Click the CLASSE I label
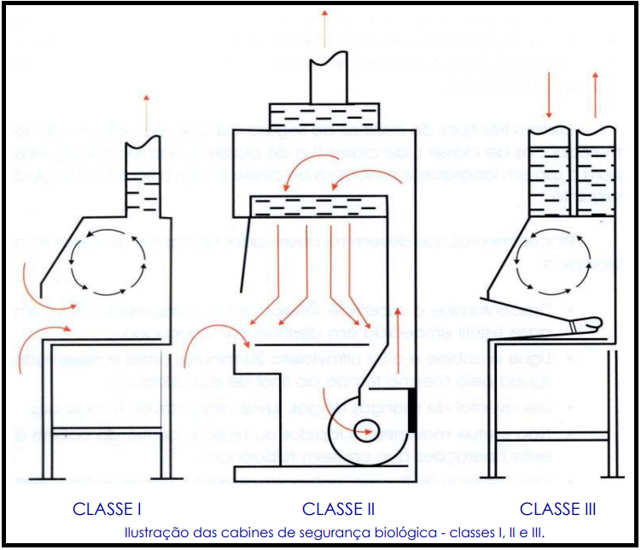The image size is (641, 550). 107,509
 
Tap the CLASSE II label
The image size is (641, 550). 338,509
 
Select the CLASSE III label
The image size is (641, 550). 557,509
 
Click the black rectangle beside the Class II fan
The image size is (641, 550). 413,410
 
